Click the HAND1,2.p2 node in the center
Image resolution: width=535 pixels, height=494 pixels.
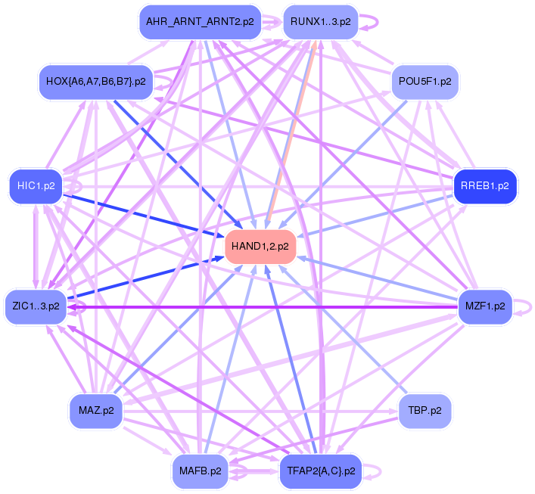pos(260,246)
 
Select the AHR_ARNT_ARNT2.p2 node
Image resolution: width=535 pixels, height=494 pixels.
pos(200,22)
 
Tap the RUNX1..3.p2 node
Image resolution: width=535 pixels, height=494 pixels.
pos(320,22)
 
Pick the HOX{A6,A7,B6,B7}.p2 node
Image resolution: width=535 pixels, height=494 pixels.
pos(95,80)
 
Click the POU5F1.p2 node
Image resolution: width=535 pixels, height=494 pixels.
pos(424,80)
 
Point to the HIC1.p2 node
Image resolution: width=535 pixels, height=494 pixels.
pos(36,185)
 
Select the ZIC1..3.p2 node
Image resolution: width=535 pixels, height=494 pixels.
pos(36,306)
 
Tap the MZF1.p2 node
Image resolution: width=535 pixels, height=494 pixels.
pos(485,306)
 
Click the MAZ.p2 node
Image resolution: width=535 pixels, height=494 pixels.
pos(96,411)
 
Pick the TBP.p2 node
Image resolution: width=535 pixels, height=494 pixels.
pos(425,411)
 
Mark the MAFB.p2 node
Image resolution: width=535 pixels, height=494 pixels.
pos(200,471)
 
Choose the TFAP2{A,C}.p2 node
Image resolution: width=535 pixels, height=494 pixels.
pos(320,471)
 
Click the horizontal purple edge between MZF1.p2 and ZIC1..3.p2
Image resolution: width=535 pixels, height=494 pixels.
pos(265,306)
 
